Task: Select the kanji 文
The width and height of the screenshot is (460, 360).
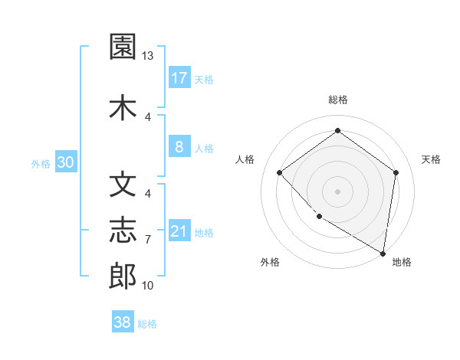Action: [x=123, y=184]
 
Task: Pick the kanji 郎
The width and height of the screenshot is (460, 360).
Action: [x=123, y=277]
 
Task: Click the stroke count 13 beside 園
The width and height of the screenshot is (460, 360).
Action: [x=148, y=56]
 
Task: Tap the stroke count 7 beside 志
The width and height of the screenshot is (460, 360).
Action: [x=148, y=240]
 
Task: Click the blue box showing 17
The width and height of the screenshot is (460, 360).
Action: [x=179, y=78]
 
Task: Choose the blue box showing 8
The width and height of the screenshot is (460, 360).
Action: [x=179, y=147]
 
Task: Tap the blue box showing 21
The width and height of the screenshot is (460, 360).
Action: [x=179, y=231]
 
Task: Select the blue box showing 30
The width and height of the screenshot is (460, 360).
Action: [x=65, y=162]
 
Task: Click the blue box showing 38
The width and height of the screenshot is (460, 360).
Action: [x=123, y=323]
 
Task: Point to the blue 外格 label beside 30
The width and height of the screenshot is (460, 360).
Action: [x=41, y=163]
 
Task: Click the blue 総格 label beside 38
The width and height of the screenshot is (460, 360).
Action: [x=147, y=324]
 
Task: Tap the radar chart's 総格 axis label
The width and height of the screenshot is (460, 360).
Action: [x=337, y=100]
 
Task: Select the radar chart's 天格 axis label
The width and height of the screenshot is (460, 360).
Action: [x=431, y=159]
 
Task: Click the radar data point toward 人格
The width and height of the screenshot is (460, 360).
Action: [x=280, y=172]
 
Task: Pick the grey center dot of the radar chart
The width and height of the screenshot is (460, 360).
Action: [x=337, y=191]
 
